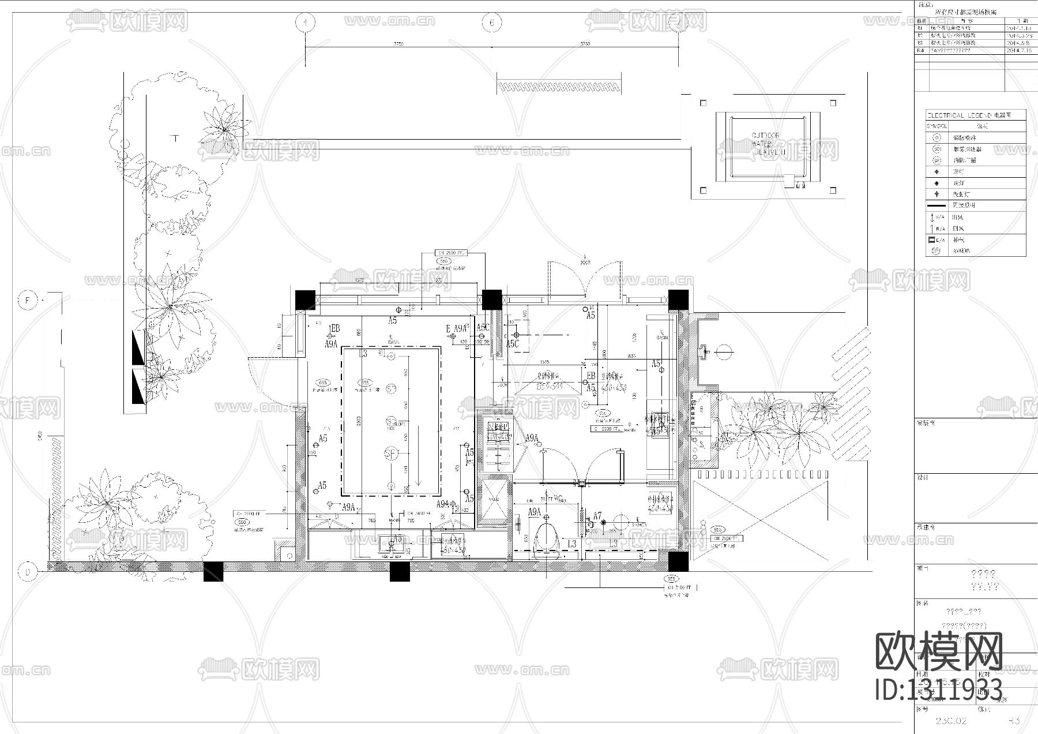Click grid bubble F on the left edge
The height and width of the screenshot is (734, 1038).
click(27, 300)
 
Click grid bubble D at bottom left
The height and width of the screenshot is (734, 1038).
click(27, 572)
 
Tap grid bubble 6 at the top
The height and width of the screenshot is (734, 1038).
click(491, 23)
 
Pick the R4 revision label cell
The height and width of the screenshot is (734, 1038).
click(920, 51)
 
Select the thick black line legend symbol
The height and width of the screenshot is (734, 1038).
click(936, 205)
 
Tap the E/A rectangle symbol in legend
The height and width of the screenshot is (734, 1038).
click(931, 239)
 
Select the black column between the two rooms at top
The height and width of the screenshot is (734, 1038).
click(491, 300)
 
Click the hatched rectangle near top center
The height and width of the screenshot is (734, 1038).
click(559, 87)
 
